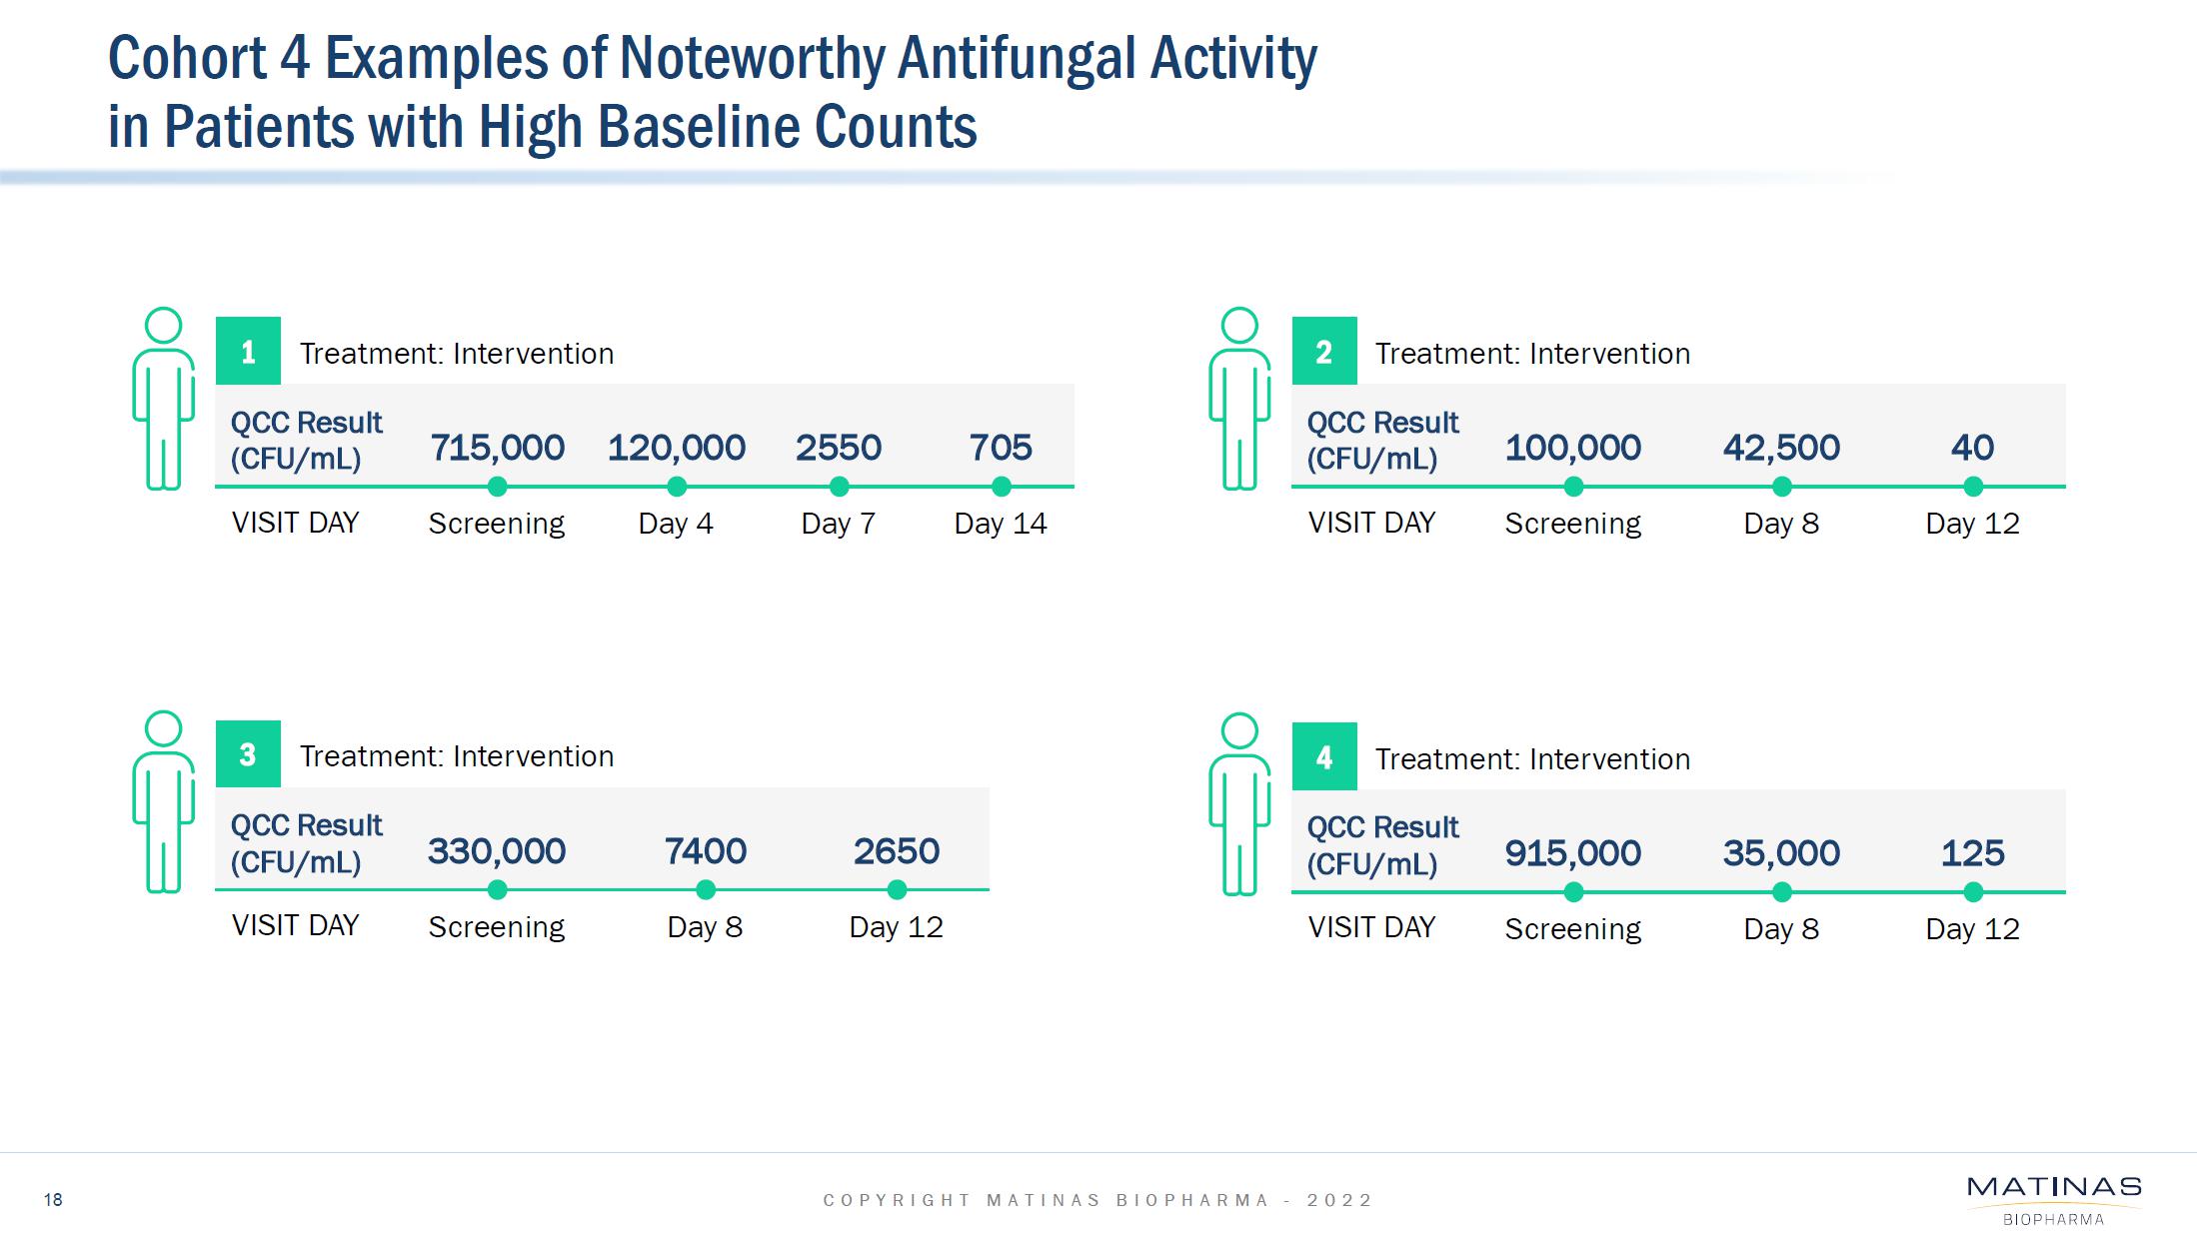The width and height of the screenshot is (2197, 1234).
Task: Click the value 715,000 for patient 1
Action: coord(497,448)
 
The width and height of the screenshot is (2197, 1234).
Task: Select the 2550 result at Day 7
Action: coord(838,448)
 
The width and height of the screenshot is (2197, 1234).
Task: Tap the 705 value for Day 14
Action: coord(1000,448)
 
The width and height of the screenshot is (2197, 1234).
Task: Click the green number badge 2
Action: coord(1323,352)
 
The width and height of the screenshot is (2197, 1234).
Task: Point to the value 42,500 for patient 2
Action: coord(1780,448)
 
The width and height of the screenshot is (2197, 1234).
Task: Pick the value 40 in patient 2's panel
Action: coord(1971,448)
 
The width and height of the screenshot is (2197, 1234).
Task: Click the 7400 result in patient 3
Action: coord(705,851)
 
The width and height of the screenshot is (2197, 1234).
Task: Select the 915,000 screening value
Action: coord(1572,853)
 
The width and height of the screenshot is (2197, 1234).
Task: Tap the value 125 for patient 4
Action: coord(1971,853)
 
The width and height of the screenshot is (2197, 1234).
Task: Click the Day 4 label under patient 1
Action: coord(676,524)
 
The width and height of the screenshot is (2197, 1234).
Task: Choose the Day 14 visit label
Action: coord(1000,524)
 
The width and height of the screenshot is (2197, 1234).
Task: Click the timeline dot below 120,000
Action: coord(677,487)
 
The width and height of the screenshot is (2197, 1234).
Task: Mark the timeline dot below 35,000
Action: coord(1781,892)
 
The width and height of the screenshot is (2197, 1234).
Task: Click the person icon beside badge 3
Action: coord(163,801)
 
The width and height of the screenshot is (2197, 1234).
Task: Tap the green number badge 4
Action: coord(1323,757)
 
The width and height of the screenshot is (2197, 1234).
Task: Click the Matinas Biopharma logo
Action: coord(2053,1199)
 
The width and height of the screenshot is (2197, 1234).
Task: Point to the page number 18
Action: coord(53,1200)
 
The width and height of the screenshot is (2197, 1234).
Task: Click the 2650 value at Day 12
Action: coord(896,851)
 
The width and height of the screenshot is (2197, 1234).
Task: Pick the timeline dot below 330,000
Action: coord(497,889)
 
